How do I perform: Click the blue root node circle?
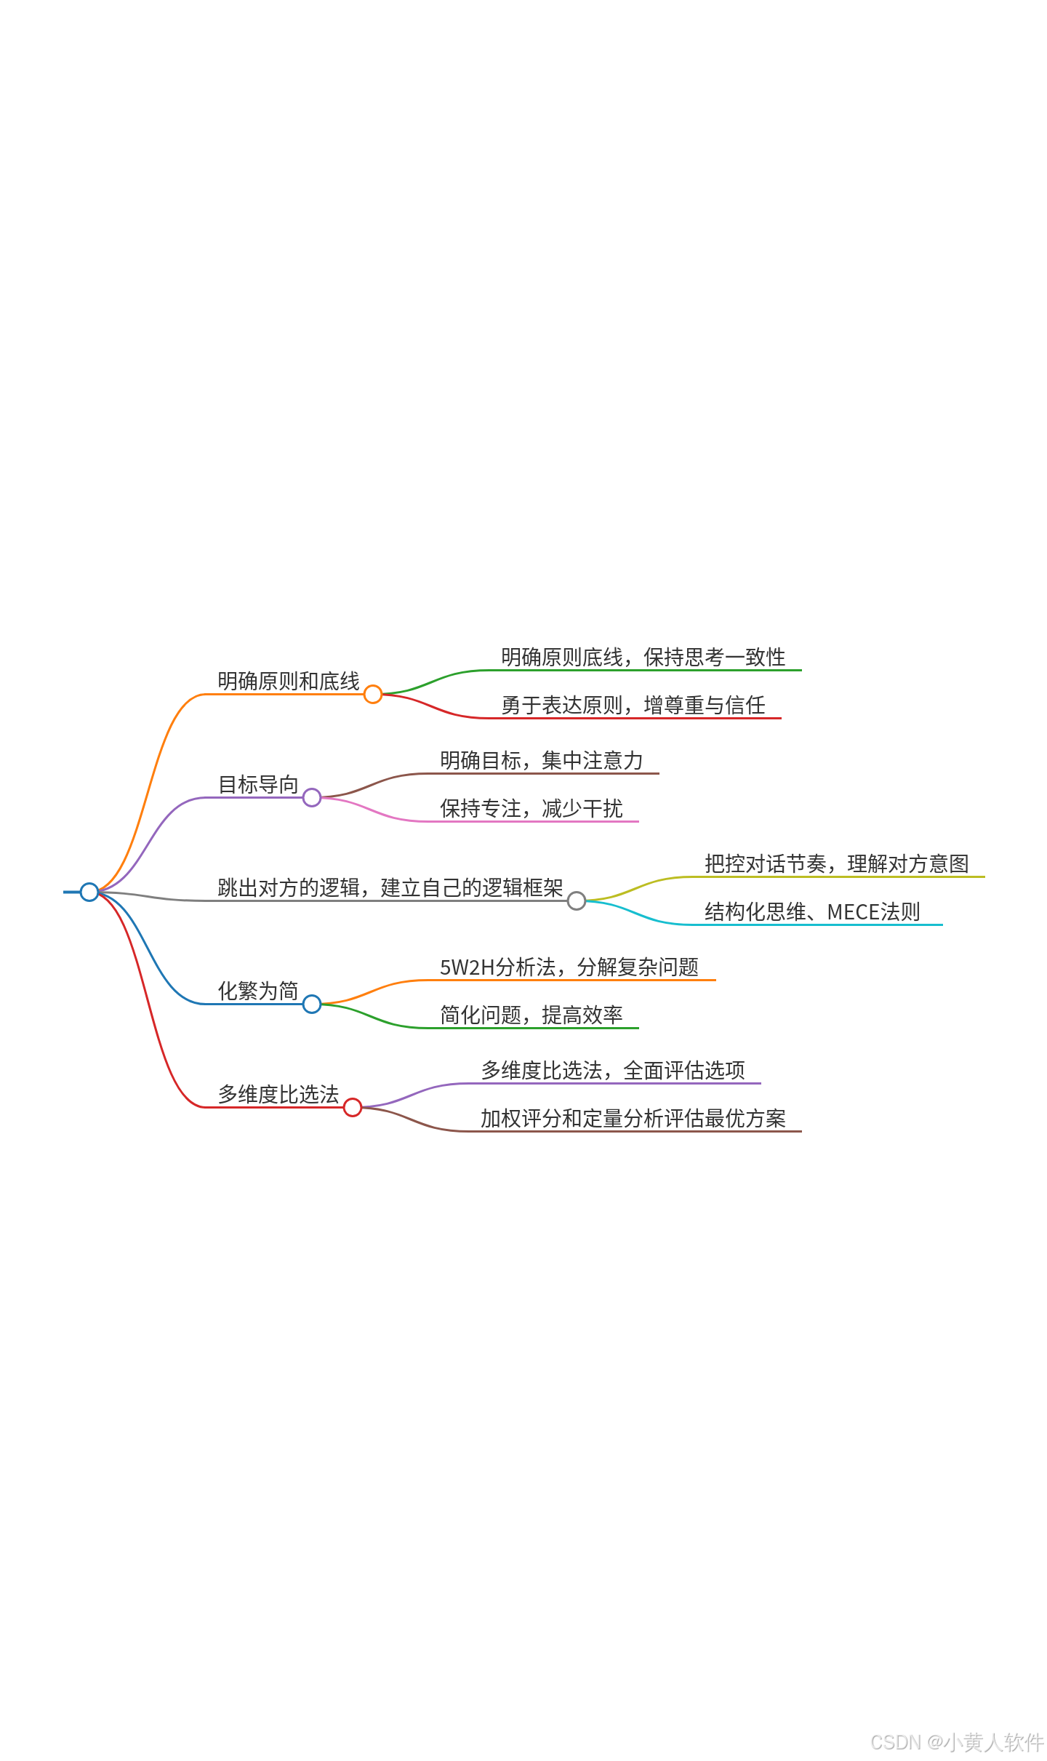[x=89, y=892]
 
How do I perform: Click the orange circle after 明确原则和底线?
[x=373, y=694]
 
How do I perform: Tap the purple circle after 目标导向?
[x=312, y=797]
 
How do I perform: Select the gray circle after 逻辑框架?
[x=577, y=901]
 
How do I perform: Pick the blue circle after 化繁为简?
[x=312, y=1004]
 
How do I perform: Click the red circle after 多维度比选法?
[x=353, y=1107]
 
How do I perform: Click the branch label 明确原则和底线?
[x=289, y=681]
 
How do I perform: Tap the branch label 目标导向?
[x=258, y=784]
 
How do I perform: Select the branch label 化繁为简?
[x=258, y=991]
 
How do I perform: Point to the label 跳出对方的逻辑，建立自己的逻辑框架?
[x=390, y=887]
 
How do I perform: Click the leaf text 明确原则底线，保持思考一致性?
[x=643, y=657]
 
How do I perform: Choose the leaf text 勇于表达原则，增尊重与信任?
[x=633, y=705]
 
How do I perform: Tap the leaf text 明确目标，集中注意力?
[x=541, y=760]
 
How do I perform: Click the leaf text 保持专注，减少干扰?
[x=531, y=808]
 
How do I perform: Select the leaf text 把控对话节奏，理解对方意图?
[x=836, y=863]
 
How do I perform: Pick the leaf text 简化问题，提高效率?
[x=531, y=1015]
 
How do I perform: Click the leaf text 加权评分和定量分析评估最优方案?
[x=633, y=1118]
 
